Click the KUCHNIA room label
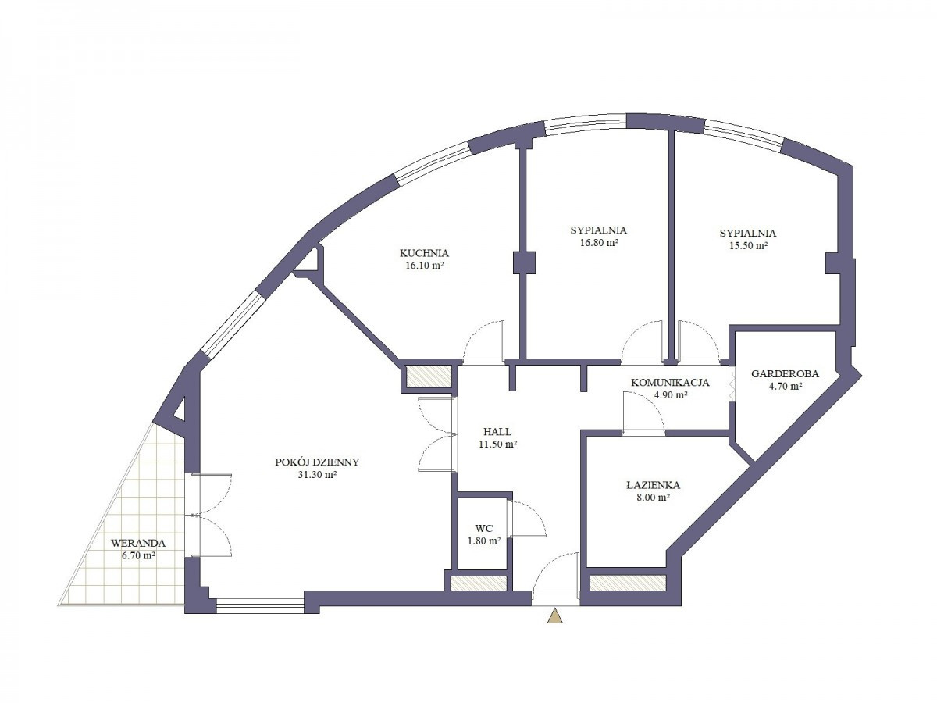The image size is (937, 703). (x=424, y=253)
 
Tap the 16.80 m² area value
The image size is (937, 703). (x=597, y=243)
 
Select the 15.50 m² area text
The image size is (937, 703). (x=747, y=246)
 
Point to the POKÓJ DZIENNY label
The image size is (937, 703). (x=317, y=462)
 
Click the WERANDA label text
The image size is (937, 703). (x=138, y=544)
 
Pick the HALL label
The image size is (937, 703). (x=497, y=431)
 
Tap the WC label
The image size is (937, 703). (x=483, y=529)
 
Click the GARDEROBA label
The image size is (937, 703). (x=785, y=374)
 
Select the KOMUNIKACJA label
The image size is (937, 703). (x=670, y=383)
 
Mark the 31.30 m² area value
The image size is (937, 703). (x=317, y=475)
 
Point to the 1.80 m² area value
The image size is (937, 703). (x=484, y=541)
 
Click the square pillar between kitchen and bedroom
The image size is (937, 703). (x=524, y=262)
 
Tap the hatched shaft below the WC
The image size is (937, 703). (x=479, y=583)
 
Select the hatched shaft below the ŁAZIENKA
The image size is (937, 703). (x=628, y=583)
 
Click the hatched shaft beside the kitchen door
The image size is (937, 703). (x=429, y=377)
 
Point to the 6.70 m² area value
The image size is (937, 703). (x=138, y=557)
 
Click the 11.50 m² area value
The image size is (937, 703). (x=497, y=444)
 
